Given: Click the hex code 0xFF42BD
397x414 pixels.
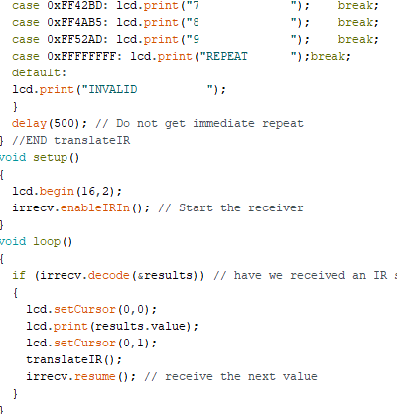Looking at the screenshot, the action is coord(74,6).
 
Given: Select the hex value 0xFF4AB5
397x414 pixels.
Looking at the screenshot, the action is coord(74,23).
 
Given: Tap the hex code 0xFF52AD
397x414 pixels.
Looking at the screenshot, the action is coord(74,40).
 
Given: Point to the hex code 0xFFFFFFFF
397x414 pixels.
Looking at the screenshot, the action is coord(81,57).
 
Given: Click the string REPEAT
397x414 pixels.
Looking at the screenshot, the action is coord(227,57).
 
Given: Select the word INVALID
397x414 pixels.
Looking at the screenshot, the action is coord(113,90).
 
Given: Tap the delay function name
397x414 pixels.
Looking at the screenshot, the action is coord(29,124).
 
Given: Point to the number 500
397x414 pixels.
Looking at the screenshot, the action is coord(64,124).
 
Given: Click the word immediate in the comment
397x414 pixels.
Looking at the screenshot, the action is coord(223,124).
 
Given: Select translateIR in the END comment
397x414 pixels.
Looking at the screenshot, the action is coord(92,141).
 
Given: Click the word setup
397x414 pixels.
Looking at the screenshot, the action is coord(50,158).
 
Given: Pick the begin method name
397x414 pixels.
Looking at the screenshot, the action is coord(57,192).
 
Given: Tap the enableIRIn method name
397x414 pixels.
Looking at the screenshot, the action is coord(95,208).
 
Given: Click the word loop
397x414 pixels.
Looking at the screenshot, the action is coord(47,242).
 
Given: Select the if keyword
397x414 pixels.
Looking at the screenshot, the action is coord(19,275).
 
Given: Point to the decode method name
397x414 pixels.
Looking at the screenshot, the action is coord(109,275).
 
